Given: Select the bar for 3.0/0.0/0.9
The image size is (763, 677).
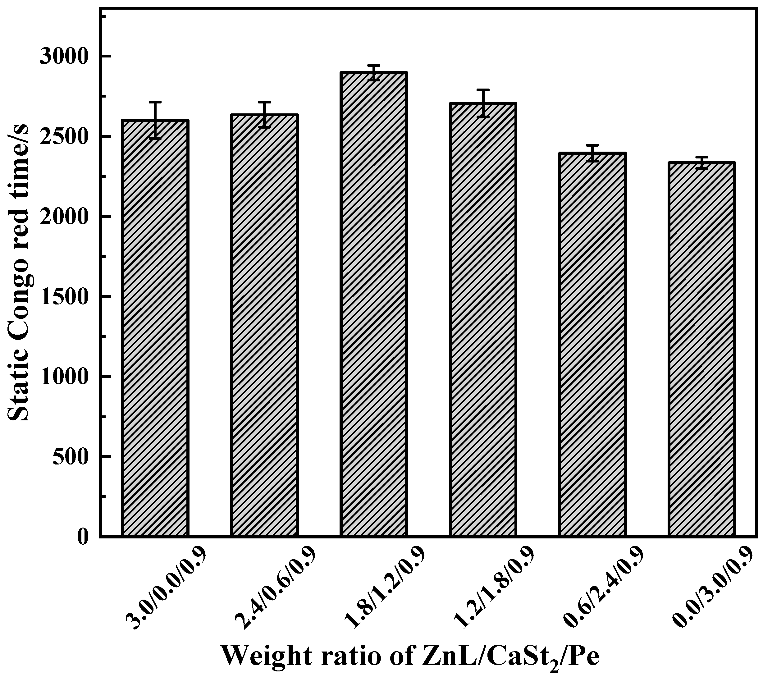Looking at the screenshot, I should click(155, 329).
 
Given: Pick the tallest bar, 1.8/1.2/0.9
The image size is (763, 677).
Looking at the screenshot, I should click(373, 304).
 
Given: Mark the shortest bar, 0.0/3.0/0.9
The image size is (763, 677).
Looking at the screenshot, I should click(701, 350).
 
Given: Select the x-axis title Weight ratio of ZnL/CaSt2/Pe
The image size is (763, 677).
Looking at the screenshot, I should click(411, 655).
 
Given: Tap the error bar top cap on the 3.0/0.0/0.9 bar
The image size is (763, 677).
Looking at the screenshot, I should click(155, 102).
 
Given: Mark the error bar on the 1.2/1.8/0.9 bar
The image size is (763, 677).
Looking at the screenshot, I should click(483, 103).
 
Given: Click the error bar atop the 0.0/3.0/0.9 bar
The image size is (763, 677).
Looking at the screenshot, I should click(701, 163).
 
